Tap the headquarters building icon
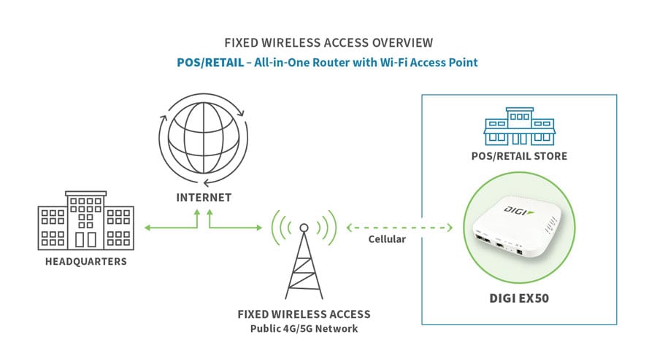pyautogui.click(x=85, y=220)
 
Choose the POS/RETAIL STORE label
pyautogui.click(x=518, y=157)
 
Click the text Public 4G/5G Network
pyautogui.click(x=304, y=328)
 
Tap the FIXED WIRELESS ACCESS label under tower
pyautogui.click(x=304, y=314)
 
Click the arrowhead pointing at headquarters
pyautogui.click(x=148, y=228)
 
